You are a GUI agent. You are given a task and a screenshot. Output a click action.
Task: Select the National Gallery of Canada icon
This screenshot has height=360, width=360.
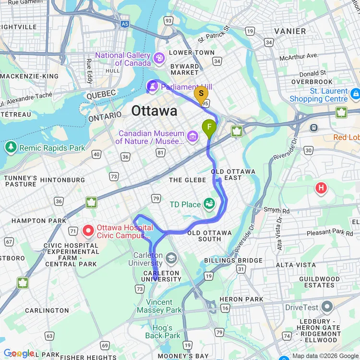[158, 59]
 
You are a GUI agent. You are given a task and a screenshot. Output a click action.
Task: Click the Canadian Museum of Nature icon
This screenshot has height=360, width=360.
[193, 137]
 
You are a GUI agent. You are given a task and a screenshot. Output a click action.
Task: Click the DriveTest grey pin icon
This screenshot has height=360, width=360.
[327, 306]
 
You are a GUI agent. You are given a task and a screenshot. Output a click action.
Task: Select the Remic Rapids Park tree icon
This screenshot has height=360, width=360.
[11, 147]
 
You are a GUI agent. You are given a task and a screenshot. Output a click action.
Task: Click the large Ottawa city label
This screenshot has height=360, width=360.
[154, 111]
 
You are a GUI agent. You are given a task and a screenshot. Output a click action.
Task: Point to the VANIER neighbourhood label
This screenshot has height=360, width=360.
[290, 31]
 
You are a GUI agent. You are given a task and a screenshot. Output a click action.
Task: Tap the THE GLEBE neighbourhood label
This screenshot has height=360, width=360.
[188, 180]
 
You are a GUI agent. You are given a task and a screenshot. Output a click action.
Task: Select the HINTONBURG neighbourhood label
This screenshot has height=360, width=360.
[62, 180]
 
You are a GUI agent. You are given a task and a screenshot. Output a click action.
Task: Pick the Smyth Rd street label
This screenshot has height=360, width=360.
[276, 210]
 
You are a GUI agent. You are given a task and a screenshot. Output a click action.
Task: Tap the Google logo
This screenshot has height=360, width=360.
[18, 354]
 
